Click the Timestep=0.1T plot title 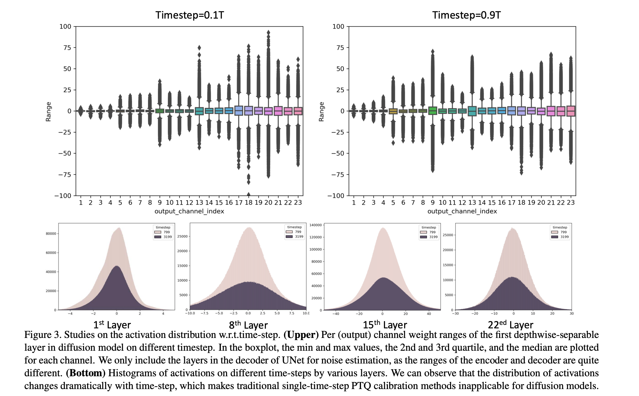tap(189, 15)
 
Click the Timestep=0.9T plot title tap(466, 15)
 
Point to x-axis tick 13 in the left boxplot tap(199, 203)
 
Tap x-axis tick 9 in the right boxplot tap(432, 203)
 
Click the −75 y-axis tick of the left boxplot tap(65, 174)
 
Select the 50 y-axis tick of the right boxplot tap(340, 69)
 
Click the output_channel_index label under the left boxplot tap(189, 211)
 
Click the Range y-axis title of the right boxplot tap(321, 111)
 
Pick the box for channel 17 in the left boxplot tap(239, 111)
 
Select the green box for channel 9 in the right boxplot tap(432, 111)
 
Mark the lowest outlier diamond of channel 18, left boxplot tap(249, 194)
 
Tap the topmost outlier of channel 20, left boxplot tap(268, 32)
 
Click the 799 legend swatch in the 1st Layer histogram tap(158, 232)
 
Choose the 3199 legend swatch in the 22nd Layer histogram tap(554, 237)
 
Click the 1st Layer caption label tap(112, 325)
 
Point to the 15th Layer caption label tap(385, 325)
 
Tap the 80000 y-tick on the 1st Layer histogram tap(51, 234)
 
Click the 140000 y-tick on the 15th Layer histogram tap(315, 225)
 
